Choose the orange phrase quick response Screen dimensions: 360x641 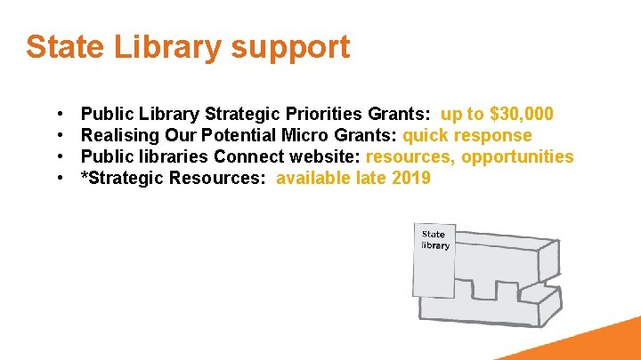click(467, 135)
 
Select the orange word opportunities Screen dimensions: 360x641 click(518, 157)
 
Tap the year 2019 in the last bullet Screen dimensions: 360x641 click(410, 178)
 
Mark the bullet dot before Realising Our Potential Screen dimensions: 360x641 click(59, 136)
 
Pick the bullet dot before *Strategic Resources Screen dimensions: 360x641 click(59, 179)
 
